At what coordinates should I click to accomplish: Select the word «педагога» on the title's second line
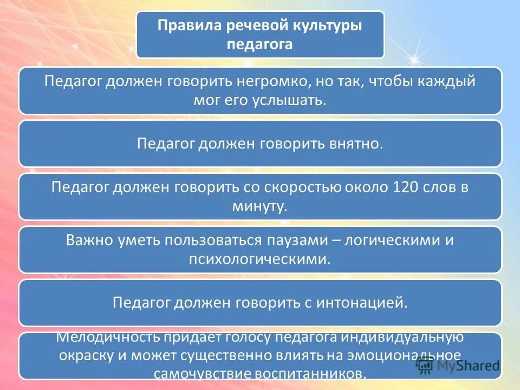[x=260, y=44]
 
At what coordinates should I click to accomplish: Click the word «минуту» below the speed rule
[x=258, y=206]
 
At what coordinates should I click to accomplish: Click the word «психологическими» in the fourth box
[x=259, y=259]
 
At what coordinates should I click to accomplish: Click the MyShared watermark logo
[x=458, y=366]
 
